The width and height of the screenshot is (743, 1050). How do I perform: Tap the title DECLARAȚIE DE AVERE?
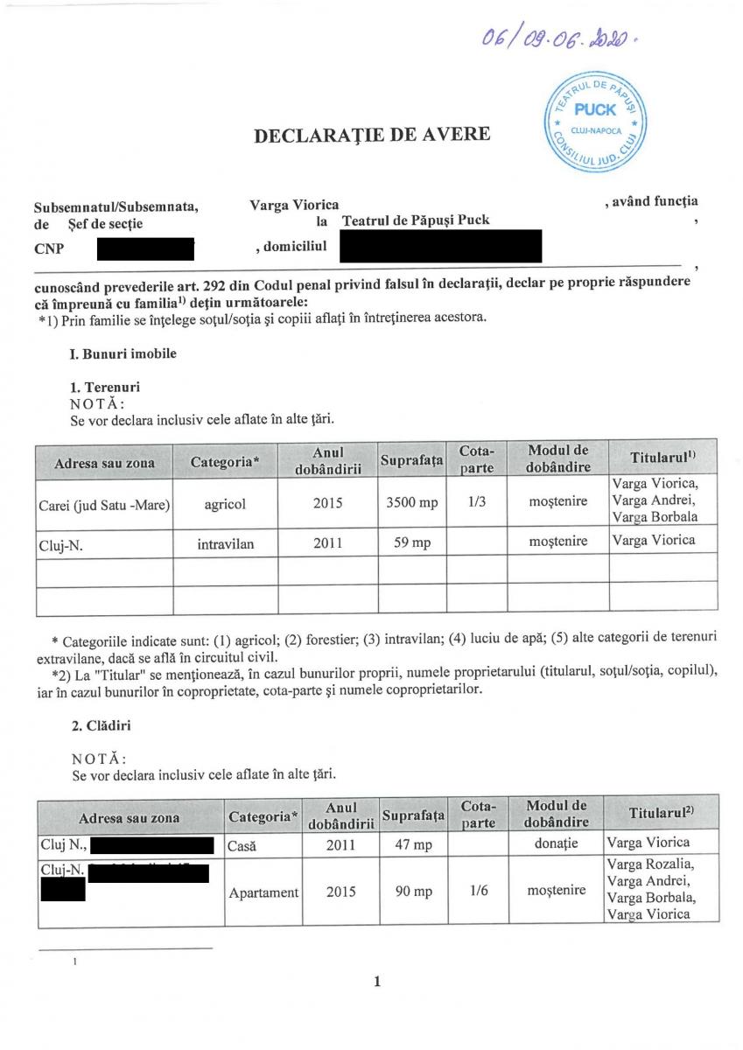pyautogui.click(x=371, y=135)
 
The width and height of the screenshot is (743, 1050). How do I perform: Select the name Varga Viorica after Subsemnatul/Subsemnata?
pyautogui.click(x=294, y=205)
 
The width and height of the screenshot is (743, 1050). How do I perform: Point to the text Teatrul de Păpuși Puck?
pyautogui.click(x=416, y=220)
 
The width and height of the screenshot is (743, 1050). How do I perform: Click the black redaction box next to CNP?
pyautogui.click(x=144, y=248)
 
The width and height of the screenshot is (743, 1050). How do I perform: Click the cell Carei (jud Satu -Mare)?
pyautogui.click(x=104, y=504)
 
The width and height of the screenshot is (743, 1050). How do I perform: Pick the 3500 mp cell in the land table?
pyautogui.click(x=410, y=504)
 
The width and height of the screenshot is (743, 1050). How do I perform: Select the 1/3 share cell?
pyautogui.click(x=477, y=504)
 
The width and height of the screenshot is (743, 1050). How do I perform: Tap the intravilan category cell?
pyautogui.click(x=226, y=542)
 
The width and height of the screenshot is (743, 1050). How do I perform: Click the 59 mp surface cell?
pyautogui.click(x=410, y=542)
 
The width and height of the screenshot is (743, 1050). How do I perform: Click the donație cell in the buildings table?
pyautogui.click(x=557, y=843)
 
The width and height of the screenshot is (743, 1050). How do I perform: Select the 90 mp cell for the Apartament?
pyautogui.click(x=411, y=892)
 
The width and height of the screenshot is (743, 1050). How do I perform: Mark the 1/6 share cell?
pyautogui.click(x=478, y=891)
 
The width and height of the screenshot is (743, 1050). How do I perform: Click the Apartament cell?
pyautogui.click(x=263, y=892)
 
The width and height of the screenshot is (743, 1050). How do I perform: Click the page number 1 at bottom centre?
pyautogui.click(x=377, y=982)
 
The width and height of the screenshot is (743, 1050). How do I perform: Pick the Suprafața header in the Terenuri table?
pyautogui.click(x=411, y=460)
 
